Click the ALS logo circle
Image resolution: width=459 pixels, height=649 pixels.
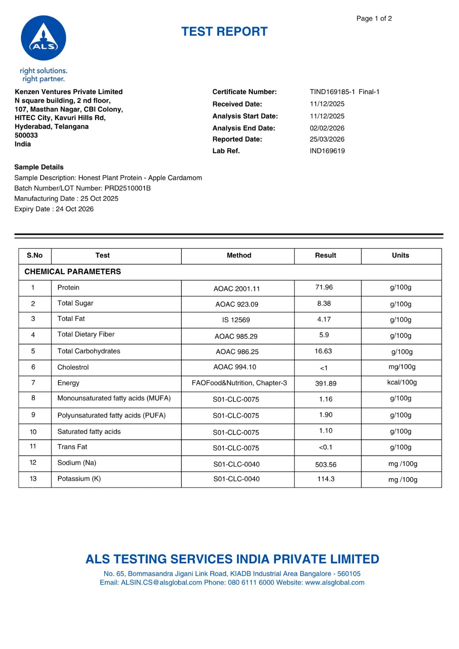[x=43, y=38]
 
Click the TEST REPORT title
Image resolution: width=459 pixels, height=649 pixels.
[x=224, y=32]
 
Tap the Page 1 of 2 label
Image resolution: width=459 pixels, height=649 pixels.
[x=374, y=19]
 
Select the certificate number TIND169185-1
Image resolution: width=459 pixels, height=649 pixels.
[x=332, y=92]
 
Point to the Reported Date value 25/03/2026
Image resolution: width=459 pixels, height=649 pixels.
[x=327, y=139]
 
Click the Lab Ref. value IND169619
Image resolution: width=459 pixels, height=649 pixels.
[x=327, y=151]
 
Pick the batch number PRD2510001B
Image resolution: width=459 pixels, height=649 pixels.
[x=127, y=188]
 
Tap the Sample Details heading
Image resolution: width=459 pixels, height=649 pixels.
[x=39, y=167]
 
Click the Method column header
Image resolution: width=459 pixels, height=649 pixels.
[x=239, y=256]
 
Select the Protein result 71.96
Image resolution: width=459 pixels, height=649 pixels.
[x=324, y=287]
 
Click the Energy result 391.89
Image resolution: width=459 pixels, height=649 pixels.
[x=325, y=383]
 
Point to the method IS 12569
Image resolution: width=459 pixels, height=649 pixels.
[x=236, y=320]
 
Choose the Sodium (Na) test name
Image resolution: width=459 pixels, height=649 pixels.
[x=77, y=463]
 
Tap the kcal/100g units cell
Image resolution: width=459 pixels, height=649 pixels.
[x=402, y=383]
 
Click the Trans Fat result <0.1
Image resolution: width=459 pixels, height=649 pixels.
[x=325, y=447]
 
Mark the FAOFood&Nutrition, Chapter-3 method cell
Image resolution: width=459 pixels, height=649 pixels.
[x=239, y=383]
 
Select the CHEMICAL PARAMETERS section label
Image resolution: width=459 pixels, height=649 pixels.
[x=73, y=272]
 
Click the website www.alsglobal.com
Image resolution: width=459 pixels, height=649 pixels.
[x=334, y=582]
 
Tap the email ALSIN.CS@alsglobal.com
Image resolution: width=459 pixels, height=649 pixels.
[x=161, y=582]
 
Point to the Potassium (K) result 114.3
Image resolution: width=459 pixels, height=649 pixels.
[x=325, y=479]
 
